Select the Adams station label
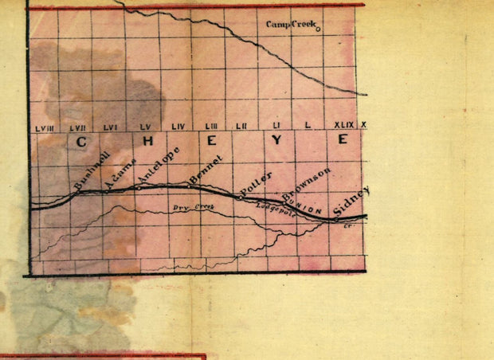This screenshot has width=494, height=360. pyautogui.click(x=117, y=172)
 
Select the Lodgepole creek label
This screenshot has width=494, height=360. pyautogui.click(x=276, y=208)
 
